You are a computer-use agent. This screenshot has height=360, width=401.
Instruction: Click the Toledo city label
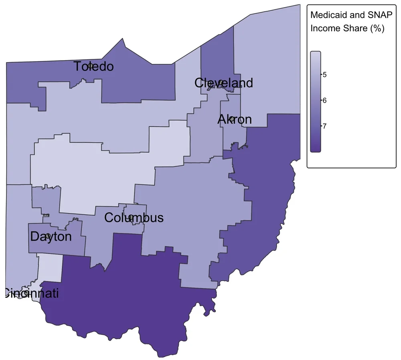(93, 67)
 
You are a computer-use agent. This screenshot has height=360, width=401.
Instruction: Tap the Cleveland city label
(223, 83)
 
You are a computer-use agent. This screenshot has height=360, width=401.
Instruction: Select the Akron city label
(235, 119)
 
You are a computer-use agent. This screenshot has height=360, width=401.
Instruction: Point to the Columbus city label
(134, 218)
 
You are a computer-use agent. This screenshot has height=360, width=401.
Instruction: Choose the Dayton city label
(51, 237)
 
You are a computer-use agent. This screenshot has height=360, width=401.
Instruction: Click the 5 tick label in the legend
(324, 75)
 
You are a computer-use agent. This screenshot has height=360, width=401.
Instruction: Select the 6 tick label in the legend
(324, 100)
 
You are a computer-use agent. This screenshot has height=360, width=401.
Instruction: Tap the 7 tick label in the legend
(324, 126)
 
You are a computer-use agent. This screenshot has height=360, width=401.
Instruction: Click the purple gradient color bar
(316, 102)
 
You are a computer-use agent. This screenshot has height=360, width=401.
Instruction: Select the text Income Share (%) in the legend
(347, 28)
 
